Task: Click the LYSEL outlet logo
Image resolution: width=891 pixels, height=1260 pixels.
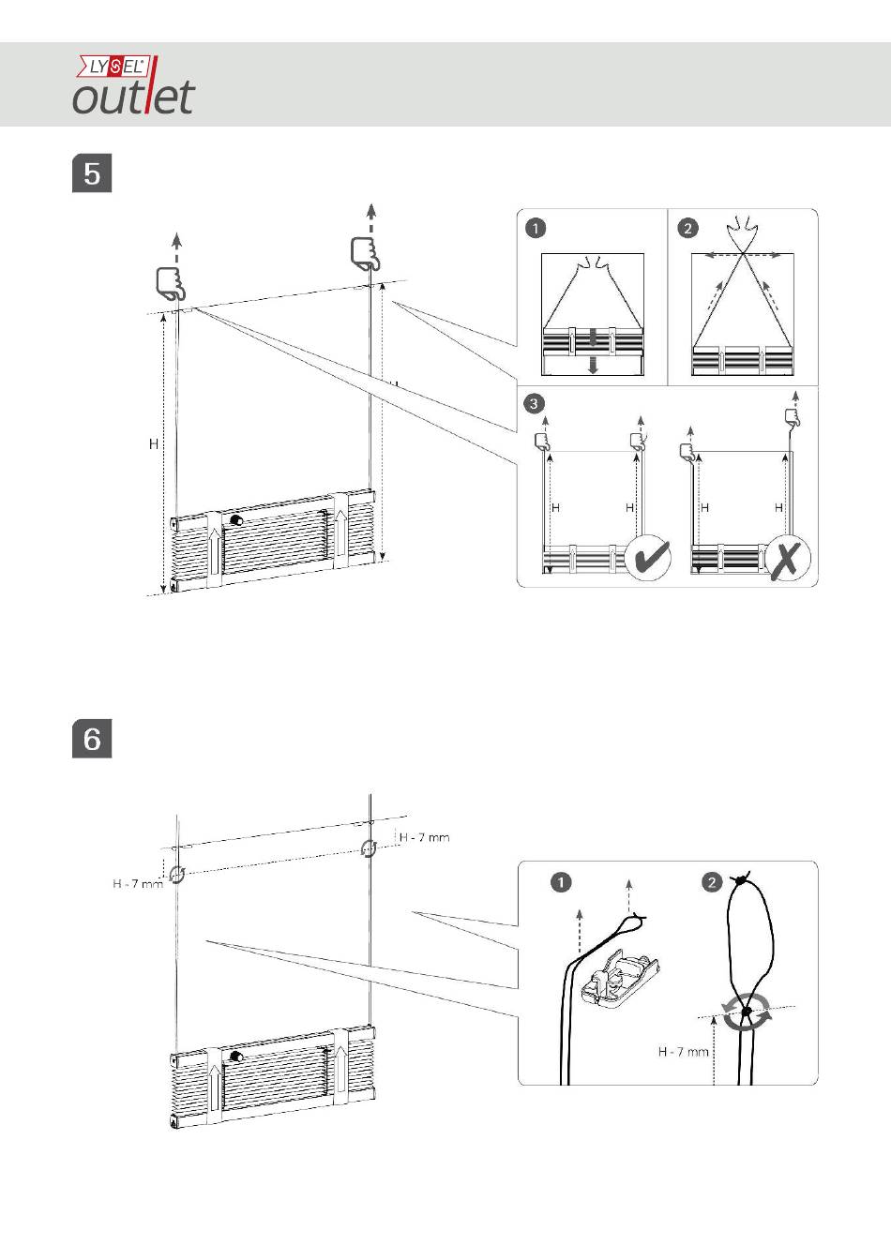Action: point(134,84)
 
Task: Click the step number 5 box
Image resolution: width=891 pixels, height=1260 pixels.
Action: point(92,172)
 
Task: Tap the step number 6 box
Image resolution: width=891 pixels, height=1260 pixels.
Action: point(92,738)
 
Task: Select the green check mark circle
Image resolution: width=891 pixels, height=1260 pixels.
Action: point(648,557)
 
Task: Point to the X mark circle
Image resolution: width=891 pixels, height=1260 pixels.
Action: point(788,557)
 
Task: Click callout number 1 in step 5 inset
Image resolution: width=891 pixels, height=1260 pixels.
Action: point(536,229)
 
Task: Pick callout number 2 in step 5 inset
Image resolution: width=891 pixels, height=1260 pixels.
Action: point(687,229)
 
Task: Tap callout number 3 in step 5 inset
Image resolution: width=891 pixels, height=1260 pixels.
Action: point(534,403)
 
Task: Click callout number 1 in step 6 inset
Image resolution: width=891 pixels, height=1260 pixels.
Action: point(561,882)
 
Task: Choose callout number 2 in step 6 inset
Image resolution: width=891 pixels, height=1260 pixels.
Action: point(712,882)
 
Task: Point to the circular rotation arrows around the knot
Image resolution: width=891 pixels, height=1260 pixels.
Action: point(747,1012)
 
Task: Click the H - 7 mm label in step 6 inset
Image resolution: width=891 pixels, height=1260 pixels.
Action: point(684,1051)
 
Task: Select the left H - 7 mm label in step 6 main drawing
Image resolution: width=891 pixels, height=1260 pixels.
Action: point(138,884)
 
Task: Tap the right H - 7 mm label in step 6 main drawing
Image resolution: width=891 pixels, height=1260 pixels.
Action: point(424,837)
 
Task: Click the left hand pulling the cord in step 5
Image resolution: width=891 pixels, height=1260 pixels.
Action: point(170,283)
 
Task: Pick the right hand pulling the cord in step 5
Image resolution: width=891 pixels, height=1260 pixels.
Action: point(366,253)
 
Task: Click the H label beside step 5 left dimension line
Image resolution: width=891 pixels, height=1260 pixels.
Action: point(154,444)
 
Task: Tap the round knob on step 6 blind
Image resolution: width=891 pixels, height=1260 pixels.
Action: point(236,1057)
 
